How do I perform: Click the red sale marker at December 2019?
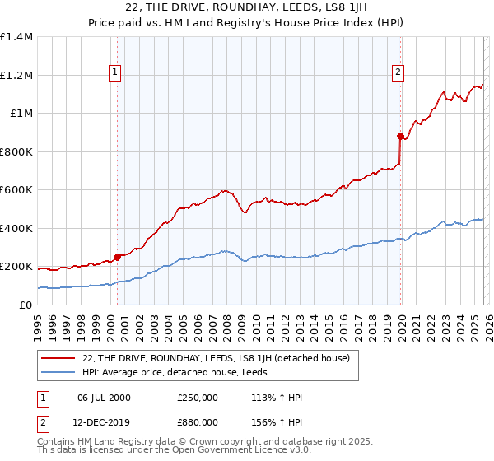400,136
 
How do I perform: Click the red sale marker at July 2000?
117,257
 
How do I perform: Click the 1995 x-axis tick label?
38,324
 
